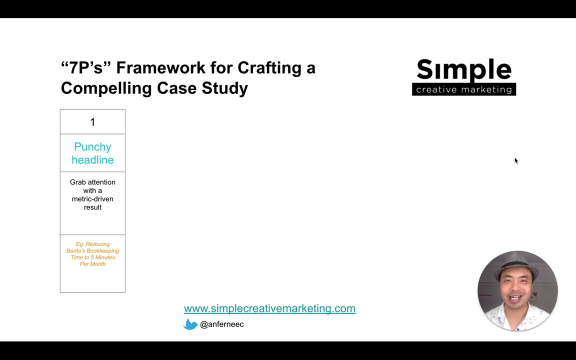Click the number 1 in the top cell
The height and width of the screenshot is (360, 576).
coord(92,122)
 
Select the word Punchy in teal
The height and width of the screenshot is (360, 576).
coord(92,147)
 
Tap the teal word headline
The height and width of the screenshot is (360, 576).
coord(92,160)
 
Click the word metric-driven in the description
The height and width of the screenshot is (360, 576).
coord(92,199)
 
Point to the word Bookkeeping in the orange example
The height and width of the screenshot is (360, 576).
coord(103,251)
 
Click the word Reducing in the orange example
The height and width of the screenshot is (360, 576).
coord(97,244)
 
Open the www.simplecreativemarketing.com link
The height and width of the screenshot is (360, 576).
coord(269,308)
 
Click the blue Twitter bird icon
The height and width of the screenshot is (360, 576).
coord(190,324)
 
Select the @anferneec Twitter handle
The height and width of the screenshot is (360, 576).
coord(222,324)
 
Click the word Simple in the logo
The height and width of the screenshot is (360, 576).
coord(464,70)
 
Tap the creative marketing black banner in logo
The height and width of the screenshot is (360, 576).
coord(464,89)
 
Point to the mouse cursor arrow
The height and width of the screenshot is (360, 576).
coord(516,161)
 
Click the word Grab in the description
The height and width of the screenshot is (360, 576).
coord(77,182)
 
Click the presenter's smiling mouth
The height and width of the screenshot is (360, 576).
coord(516,297)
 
